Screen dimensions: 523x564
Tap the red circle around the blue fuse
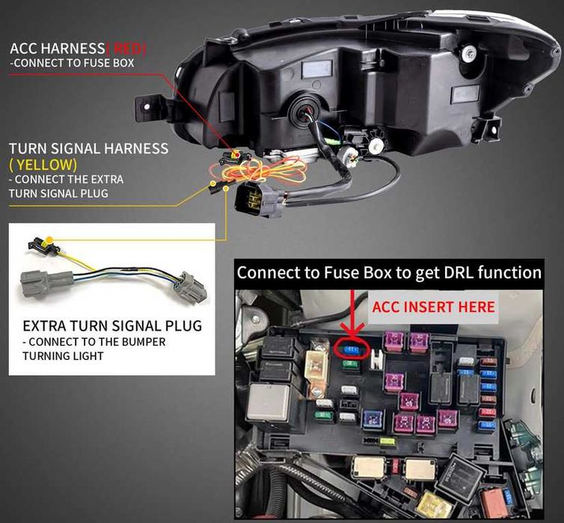[x=350, y=348]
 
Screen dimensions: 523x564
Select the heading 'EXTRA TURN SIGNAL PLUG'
[x=112, y=326]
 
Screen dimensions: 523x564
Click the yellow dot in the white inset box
[x=49, y=241]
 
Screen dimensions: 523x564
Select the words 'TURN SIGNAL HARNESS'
[x=88, y=148]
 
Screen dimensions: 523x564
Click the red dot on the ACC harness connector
[x=236, y=155]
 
